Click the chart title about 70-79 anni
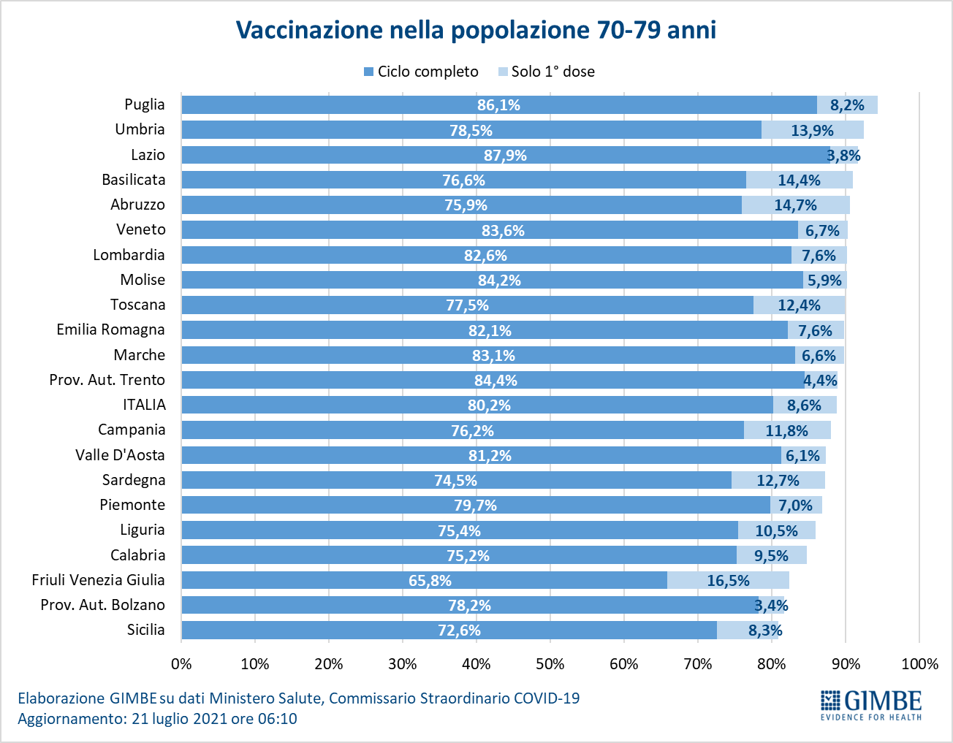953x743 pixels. (476, 30)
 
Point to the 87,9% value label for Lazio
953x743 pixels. (505, 156)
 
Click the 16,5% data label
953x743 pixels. (728, 581)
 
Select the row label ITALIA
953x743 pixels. (144, 405)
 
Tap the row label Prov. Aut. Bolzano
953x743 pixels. (102, 605)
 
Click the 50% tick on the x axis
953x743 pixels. (550, 664)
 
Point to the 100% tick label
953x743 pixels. (919, 664)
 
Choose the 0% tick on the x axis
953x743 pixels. (181, 664)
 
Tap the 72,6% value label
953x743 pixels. (459, 630)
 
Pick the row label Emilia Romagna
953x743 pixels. (110, 329)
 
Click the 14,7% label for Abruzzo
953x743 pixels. (795, 205)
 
